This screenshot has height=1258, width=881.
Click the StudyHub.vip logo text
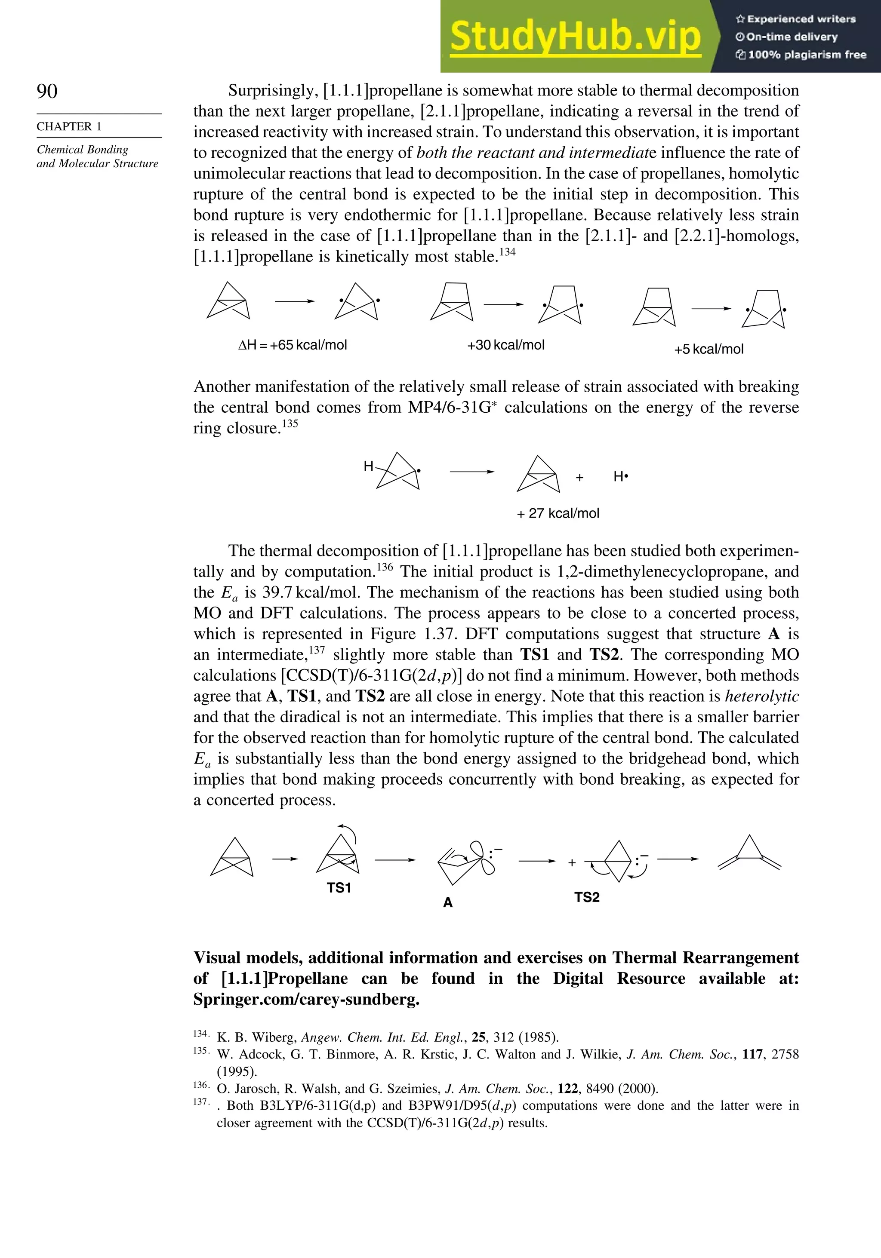click(x=575, y=36)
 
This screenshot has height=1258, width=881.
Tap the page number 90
click(x=47, y=91)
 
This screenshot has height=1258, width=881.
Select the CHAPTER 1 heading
click(x=69, y=126)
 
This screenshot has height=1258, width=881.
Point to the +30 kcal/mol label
click(x=505, y=345)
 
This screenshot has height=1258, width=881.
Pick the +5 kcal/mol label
click(x=708, y=350)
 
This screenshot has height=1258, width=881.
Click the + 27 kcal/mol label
click(x=558, y=513)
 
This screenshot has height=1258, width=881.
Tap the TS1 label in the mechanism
click(x=339, y=888)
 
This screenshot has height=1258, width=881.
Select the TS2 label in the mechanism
click(x=587, y=897)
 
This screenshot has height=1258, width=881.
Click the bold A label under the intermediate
click(x=448, y=902)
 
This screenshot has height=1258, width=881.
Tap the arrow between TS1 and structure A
click(x=395, y=860)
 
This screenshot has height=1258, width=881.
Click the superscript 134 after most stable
click(x=507, y=252)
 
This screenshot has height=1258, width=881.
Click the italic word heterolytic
click(x=761, y=697)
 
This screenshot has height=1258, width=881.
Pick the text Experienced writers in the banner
click(x=801, y=19)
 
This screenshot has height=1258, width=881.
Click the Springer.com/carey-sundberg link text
click(x=306, y=999)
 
